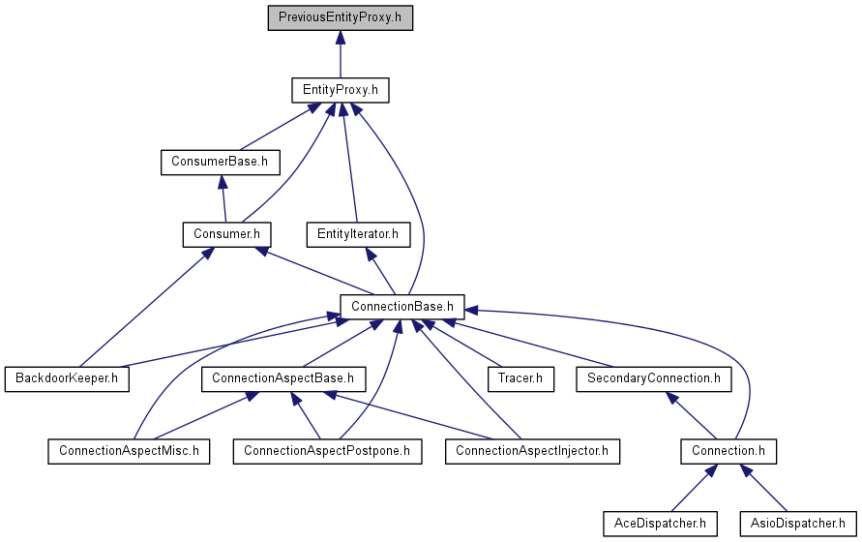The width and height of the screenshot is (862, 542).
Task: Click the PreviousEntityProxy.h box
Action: point(341,17)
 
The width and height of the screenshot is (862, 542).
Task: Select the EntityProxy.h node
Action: point(341,90)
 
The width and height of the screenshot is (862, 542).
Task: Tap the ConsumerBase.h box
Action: point(220,163)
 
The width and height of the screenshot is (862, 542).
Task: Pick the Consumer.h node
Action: point(226,234)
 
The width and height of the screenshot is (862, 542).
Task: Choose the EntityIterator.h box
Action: point(358,234)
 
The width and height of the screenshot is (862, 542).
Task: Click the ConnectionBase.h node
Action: point(401,307)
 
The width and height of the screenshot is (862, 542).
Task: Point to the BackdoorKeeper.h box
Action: point(67,379)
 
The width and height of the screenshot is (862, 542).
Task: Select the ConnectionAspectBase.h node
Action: point(283,379)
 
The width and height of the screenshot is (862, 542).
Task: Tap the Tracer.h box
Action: point(520,379)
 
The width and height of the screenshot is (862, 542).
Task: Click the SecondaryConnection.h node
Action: point(654,379)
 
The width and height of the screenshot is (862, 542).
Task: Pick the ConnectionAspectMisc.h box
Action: point(129,451)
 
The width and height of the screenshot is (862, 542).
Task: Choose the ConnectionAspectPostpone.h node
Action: point(327,451)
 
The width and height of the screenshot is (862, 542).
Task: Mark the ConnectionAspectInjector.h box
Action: point(532,451)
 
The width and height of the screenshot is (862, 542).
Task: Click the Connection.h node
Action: point(728,451)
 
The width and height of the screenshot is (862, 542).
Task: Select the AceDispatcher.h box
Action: point(660,524)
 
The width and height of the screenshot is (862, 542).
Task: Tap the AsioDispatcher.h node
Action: point(798,524)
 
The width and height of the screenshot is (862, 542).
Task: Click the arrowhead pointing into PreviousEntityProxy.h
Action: point(341,38)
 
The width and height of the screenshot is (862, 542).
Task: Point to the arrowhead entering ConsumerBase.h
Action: point(223,182)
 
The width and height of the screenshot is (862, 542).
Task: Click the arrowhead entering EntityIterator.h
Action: point(372,254)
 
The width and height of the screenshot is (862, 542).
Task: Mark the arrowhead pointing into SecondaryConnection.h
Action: point(671,398)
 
